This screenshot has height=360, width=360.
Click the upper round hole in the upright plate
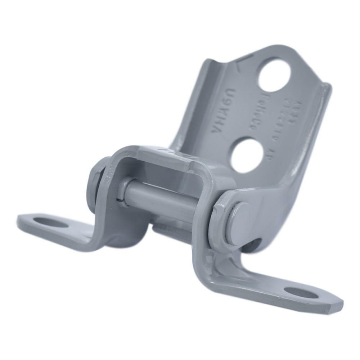pyautogui.click(x=274, y=75)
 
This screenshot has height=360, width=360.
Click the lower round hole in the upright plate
pyautogui.click(x=246, y=155)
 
